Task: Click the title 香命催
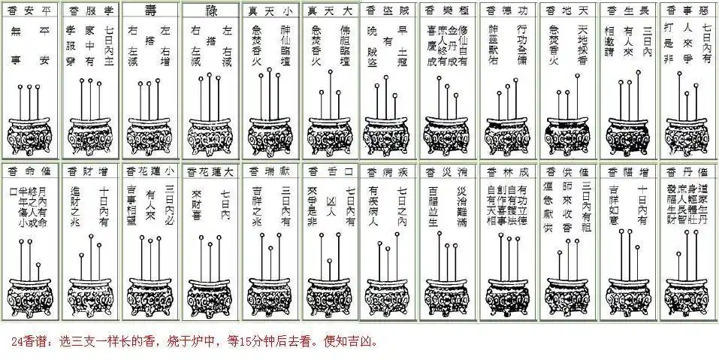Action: (30, 172)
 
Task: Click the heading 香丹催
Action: (687, 172)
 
